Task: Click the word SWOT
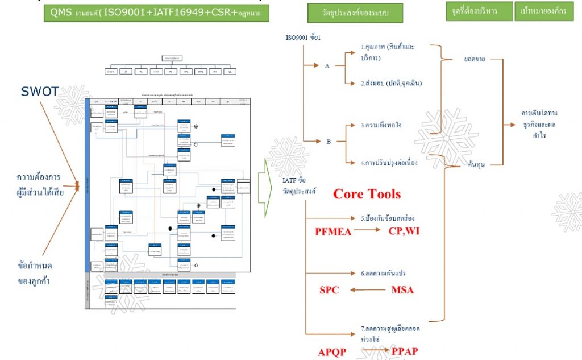(40, 92)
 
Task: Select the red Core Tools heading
(367, 194)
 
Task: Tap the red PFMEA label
(334, 231)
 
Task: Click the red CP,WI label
(404, 231)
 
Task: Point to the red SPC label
(329, 290)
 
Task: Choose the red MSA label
(402, 290)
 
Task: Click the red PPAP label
(405, 352)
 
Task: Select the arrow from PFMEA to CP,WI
(367, 231)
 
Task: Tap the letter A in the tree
(327, 66)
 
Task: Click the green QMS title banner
(157, 13)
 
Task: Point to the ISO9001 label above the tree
(303, 38)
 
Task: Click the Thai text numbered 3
(381, 125)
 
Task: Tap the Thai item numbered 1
(386, 51)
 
